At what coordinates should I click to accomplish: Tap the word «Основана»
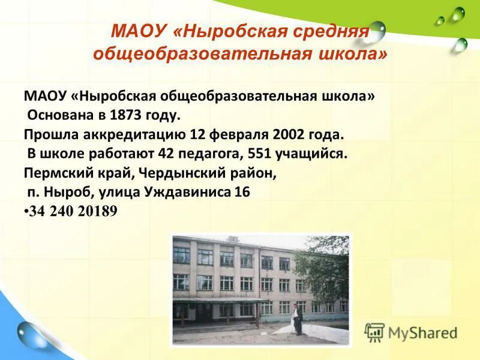coord(58,115)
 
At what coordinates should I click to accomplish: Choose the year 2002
coord(288,134)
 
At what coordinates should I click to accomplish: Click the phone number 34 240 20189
coord(73,211)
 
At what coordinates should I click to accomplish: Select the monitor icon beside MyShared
coord(374,332)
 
